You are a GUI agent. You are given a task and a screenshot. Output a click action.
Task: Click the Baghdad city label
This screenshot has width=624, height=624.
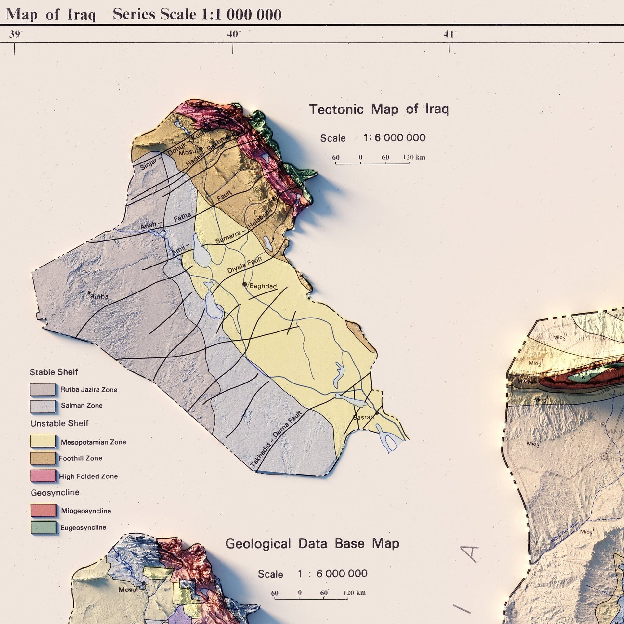263,286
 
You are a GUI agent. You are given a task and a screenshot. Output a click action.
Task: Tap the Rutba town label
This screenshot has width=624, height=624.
99,296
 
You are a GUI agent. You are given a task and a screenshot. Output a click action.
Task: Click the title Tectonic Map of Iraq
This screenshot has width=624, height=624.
379,109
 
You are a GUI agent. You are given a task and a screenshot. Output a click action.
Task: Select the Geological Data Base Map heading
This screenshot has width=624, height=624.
312,543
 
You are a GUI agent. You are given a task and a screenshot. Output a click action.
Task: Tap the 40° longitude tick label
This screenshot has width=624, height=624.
234,34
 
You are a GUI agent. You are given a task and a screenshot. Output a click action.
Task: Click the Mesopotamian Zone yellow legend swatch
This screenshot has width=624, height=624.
43,441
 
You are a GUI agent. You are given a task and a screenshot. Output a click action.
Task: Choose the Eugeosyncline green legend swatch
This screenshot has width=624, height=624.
43,527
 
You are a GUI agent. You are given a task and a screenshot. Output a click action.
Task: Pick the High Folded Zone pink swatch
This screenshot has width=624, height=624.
43,476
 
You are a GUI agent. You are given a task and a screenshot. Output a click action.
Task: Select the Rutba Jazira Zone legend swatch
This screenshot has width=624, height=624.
42,389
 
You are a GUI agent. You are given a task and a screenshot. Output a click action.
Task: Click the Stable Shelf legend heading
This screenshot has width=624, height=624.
54,372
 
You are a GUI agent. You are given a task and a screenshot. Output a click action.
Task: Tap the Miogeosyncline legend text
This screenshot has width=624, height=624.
86,511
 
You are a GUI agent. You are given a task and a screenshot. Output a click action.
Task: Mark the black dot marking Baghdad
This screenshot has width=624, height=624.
245,284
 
